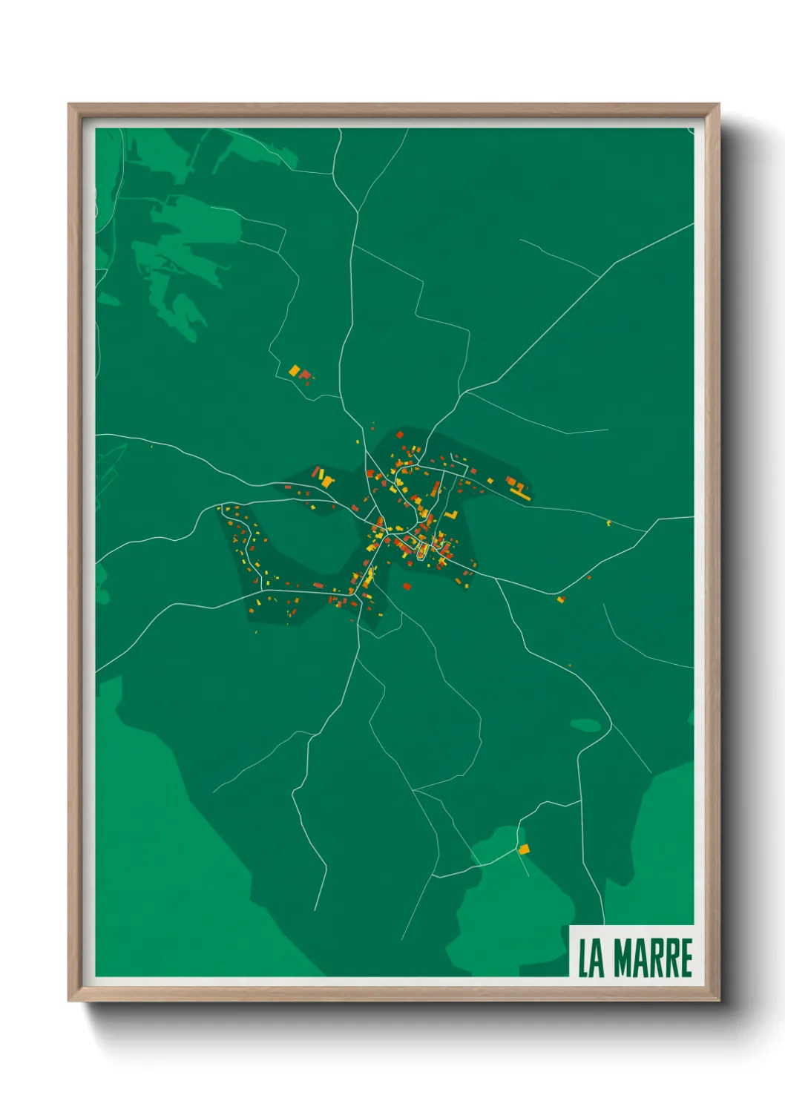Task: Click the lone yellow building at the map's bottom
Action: click(x=524, y=849)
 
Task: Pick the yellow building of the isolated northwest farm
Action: click(x=295, y=369)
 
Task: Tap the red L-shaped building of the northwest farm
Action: click(x=304, y=375)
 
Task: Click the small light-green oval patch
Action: click(x=585, y=725)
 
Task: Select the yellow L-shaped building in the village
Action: click(x=451, y=513)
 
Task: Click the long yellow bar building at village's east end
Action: click(x=520, y=495)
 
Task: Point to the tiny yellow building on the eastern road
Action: click(x=608, y=523)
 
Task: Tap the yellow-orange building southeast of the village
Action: click(x=561, y=599)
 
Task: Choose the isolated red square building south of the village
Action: click(x=407, y=586)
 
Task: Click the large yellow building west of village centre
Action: click(x=327, y=481)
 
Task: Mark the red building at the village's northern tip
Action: click(x=400, y=435)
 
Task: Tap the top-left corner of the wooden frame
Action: click(x=69, y=105)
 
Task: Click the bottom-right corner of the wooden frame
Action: click(x=718, y=1000)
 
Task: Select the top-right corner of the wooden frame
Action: click(x=718, y=105)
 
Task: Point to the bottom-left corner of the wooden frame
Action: click(x=69, y=1000)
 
